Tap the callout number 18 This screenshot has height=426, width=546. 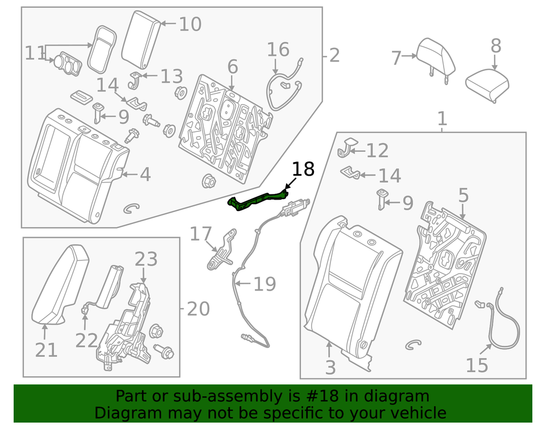coord(303,169)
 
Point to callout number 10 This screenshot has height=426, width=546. coord(190,24)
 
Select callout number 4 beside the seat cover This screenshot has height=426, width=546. coord(145,175)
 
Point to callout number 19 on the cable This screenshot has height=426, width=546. coord(264,284)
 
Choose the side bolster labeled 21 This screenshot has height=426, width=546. coord(60,282)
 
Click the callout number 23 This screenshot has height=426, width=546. coord(145,259)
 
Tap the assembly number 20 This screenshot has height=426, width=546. coord(198,309)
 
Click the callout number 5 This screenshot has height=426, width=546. coord(464,195)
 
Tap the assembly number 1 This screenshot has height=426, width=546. coord(442,119)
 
